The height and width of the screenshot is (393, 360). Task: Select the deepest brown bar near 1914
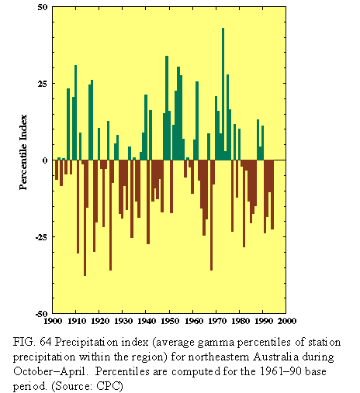[85, 218]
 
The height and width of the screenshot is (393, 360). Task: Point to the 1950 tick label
[169, 321]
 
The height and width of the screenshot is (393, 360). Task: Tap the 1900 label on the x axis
[53, 321]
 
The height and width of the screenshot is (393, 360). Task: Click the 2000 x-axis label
[286, 321]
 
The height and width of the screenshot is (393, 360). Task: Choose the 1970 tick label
[216, 321]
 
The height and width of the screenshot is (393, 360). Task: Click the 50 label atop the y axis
[43, 7]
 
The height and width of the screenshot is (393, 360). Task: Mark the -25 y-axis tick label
[41, 237]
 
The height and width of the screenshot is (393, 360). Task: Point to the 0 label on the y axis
[45, 160]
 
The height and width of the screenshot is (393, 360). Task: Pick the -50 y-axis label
[41, 314]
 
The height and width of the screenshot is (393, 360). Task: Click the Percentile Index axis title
[23, 152]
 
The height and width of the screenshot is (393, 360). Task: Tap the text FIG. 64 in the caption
[33, 343]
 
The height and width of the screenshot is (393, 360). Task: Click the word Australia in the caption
[275, 357]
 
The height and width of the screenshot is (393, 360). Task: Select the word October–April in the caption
[49, 372]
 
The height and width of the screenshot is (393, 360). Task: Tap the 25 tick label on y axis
[43, 84]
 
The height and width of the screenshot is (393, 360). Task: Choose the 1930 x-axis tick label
[123, 321]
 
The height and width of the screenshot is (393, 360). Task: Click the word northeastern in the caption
[219, 357]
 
